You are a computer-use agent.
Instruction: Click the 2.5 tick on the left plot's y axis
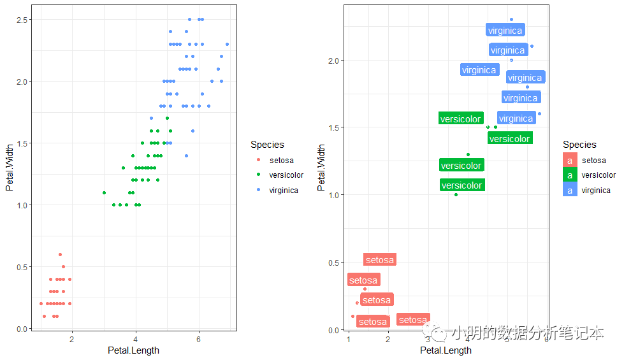(x=22, y=20)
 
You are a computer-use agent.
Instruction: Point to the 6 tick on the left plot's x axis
(x=199, y=339)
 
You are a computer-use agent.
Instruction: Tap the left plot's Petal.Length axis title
(x=133, y=350)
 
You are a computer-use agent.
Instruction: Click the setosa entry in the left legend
(x=281, y=160)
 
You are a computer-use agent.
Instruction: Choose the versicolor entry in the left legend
(x=286, y=175)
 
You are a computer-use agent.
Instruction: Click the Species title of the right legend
(x=579, y=145)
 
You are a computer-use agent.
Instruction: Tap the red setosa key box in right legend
(x=570, y=161)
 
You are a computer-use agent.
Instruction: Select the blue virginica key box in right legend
(x=570, y=190)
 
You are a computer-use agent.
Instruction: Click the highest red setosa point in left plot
(x=60, y=254)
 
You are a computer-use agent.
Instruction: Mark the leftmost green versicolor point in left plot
(x=104, y=192)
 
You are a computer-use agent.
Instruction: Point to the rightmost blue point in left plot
(x=227, y=44)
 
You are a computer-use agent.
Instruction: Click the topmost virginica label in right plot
(x=505, y=30)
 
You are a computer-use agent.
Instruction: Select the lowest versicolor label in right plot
(x=461, y=185)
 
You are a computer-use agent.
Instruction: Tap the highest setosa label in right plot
(x=380, y=260)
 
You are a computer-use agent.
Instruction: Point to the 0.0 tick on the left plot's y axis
(x=22, y=329)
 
